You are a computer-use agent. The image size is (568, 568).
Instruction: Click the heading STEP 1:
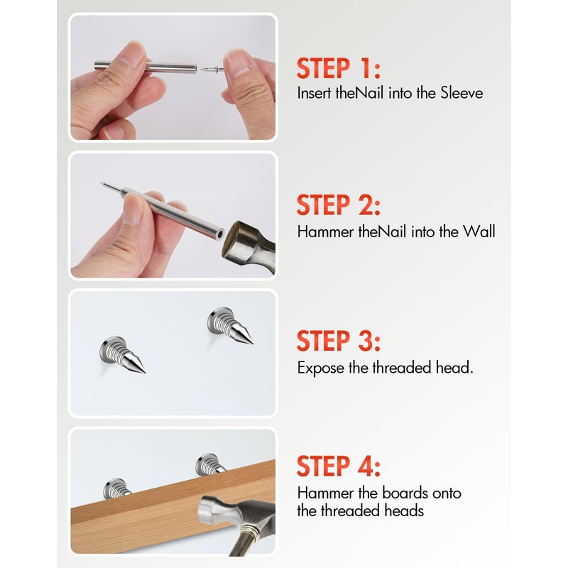click(x=339, y=70)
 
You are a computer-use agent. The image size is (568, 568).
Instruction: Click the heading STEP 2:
click(x=339, y=206)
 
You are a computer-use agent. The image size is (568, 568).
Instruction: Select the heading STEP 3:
click(x=339, y=341)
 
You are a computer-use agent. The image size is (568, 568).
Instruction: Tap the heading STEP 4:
click(x=339, y=466)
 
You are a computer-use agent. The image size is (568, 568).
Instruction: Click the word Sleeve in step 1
click(x=461, y=93)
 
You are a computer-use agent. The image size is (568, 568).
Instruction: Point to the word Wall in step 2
click(x=479, y=231)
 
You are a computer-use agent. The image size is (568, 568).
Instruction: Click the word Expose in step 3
click(x=319, y=368)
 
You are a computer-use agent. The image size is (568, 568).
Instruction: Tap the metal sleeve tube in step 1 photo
click(x=163, y=67)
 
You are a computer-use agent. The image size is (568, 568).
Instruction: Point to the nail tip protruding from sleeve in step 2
click(x=109, y=187)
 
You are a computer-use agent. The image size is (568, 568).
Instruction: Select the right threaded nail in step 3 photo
click(x=229, y=326)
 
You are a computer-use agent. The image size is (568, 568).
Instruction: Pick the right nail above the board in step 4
click(x=211, y=464)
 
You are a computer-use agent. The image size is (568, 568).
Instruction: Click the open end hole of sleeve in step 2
click(x=222, y=231)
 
